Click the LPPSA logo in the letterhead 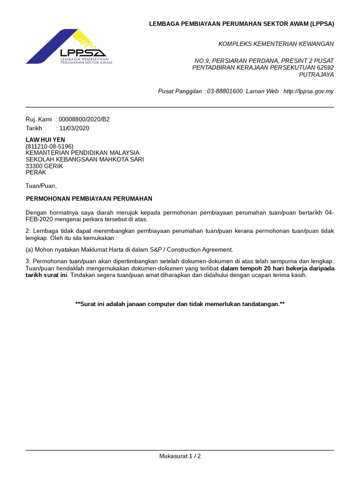69,47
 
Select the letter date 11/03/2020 74,128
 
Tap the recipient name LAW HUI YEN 45,140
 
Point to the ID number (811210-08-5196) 49,146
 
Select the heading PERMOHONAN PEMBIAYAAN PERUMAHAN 89,199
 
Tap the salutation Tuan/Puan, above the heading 41,186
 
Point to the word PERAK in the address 36,172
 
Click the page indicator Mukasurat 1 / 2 180,456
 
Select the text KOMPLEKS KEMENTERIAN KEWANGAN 276,44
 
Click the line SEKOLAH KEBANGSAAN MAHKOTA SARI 84,159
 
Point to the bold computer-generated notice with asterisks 180,304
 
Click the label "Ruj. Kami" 38,120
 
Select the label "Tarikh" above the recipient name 34,128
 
